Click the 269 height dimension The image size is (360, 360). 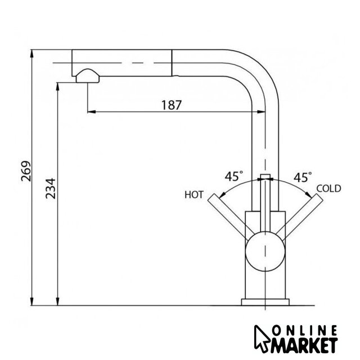point(26,171)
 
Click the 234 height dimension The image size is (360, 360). point(51,188)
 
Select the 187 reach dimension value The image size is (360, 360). point(171,105)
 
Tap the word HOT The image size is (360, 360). point(194,195)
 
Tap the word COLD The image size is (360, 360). point(328,188)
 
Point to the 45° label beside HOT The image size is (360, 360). point(234,176)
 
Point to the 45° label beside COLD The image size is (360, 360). point(303,177)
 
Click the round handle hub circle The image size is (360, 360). point(265,251)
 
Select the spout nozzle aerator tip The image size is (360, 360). point(88,76)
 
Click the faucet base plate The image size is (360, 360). point(265,302)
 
